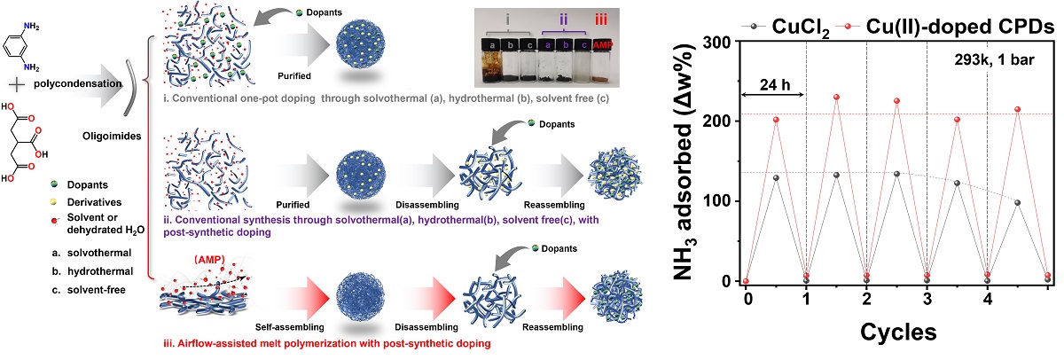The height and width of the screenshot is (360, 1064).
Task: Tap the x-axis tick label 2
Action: coord(865,299)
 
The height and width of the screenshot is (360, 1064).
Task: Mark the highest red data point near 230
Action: coord(836,97)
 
